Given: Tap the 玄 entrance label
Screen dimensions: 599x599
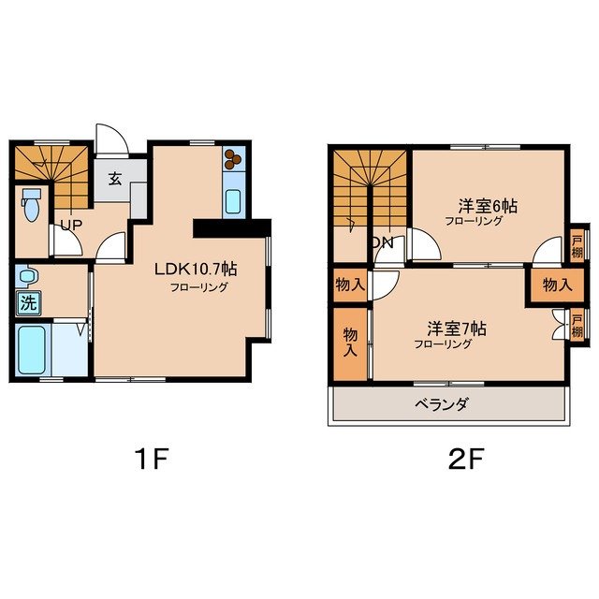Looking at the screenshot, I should [114, 179].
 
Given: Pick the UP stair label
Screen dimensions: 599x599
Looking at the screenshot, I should [69, 225].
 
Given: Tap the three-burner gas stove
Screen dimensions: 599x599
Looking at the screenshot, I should [233, 160].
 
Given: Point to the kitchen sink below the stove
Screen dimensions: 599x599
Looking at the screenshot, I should [233, 200].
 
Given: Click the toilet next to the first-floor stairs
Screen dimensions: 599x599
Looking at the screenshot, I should [31, 203].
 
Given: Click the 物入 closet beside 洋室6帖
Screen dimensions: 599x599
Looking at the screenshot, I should [549, 285].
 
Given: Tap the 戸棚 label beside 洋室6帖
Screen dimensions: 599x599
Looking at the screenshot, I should [577, 245].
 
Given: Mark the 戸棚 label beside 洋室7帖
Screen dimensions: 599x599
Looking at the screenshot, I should [577, 324].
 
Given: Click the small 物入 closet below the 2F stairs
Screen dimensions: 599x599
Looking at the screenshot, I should [350, 284].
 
